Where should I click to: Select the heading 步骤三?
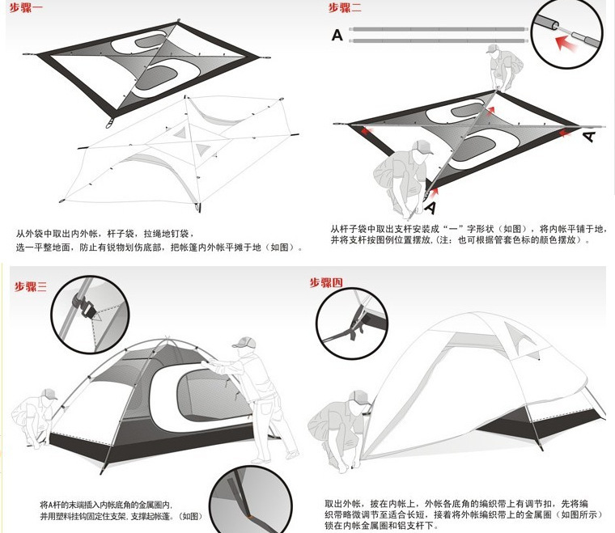click(x=32, y=286)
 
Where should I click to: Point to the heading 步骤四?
click(x=326, y=282)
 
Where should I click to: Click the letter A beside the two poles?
click(x=337, y=35)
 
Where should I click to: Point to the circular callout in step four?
click(x=350, y=322)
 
